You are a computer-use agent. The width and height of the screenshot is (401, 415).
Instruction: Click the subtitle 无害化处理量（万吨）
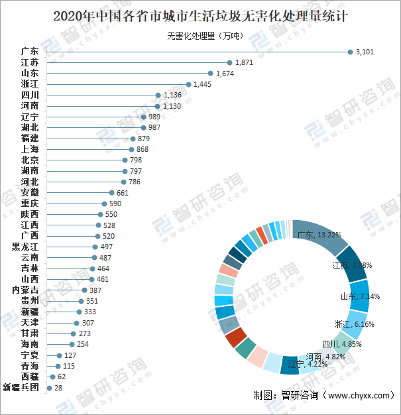coord(200,36)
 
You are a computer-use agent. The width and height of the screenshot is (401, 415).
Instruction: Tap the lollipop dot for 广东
coord(351,52)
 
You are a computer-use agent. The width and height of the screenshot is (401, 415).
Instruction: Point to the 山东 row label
coord(30,73)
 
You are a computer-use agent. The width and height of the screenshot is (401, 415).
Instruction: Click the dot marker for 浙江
coord(188,84)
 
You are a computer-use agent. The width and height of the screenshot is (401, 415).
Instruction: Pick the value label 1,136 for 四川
coord(172,95)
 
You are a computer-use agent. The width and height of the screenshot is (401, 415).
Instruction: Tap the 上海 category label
coord(30,149)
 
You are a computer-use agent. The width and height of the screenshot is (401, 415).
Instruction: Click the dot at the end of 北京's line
coord(125,160)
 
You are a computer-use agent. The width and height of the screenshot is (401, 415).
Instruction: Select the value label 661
coord(123,193)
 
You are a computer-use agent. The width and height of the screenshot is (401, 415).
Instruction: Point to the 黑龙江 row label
coord(25,247)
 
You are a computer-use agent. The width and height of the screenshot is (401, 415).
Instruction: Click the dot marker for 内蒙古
coord(84,290)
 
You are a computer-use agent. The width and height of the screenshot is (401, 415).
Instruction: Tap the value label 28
coord(58,388)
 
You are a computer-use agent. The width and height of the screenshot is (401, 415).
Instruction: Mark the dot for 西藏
coord(53,377)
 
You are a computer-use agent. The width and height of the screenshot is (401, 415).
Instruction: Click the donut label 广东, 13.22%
coord(319,235)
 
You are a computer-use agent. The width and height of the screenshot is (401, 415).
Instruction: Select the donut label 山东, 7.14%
coord(360,296)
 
